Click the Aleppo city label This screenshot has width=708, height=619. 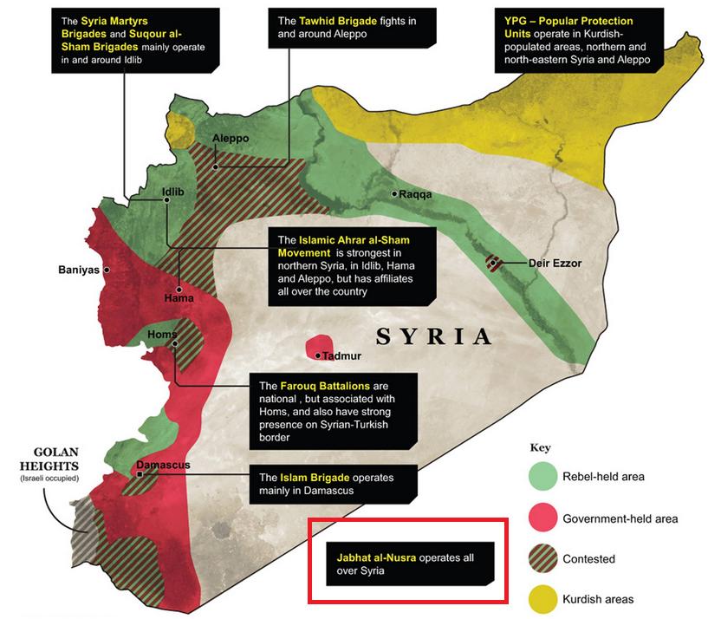point(231,139)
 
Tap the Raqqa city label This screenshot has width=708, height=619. point(415,194)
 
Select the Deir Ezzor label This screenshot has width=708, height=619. point(554,263)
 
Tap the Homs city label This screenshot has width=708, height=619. point(162,335)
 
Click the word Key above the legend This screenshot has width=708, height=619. point(540,448)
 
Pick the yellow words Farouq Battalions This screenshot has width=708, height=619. point(326,385)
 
